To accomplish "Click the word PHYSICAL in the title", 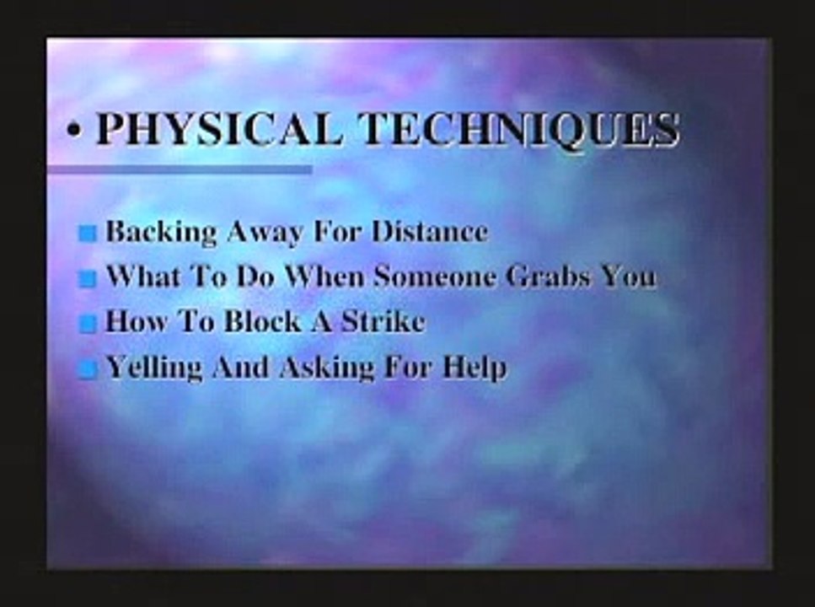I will tap(220, 129).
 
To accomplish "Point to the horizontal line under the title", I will tap(179, 170).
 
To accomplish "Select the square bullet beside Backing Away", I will tap(87, 234).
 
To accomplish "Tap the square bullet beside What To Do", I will tap(87, 279).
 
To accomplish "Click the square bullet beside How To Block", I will tap(87, 325).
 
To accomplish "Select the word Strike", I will tap(381, 321).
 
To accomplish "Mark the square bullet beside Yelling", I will tap(87, 369).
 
